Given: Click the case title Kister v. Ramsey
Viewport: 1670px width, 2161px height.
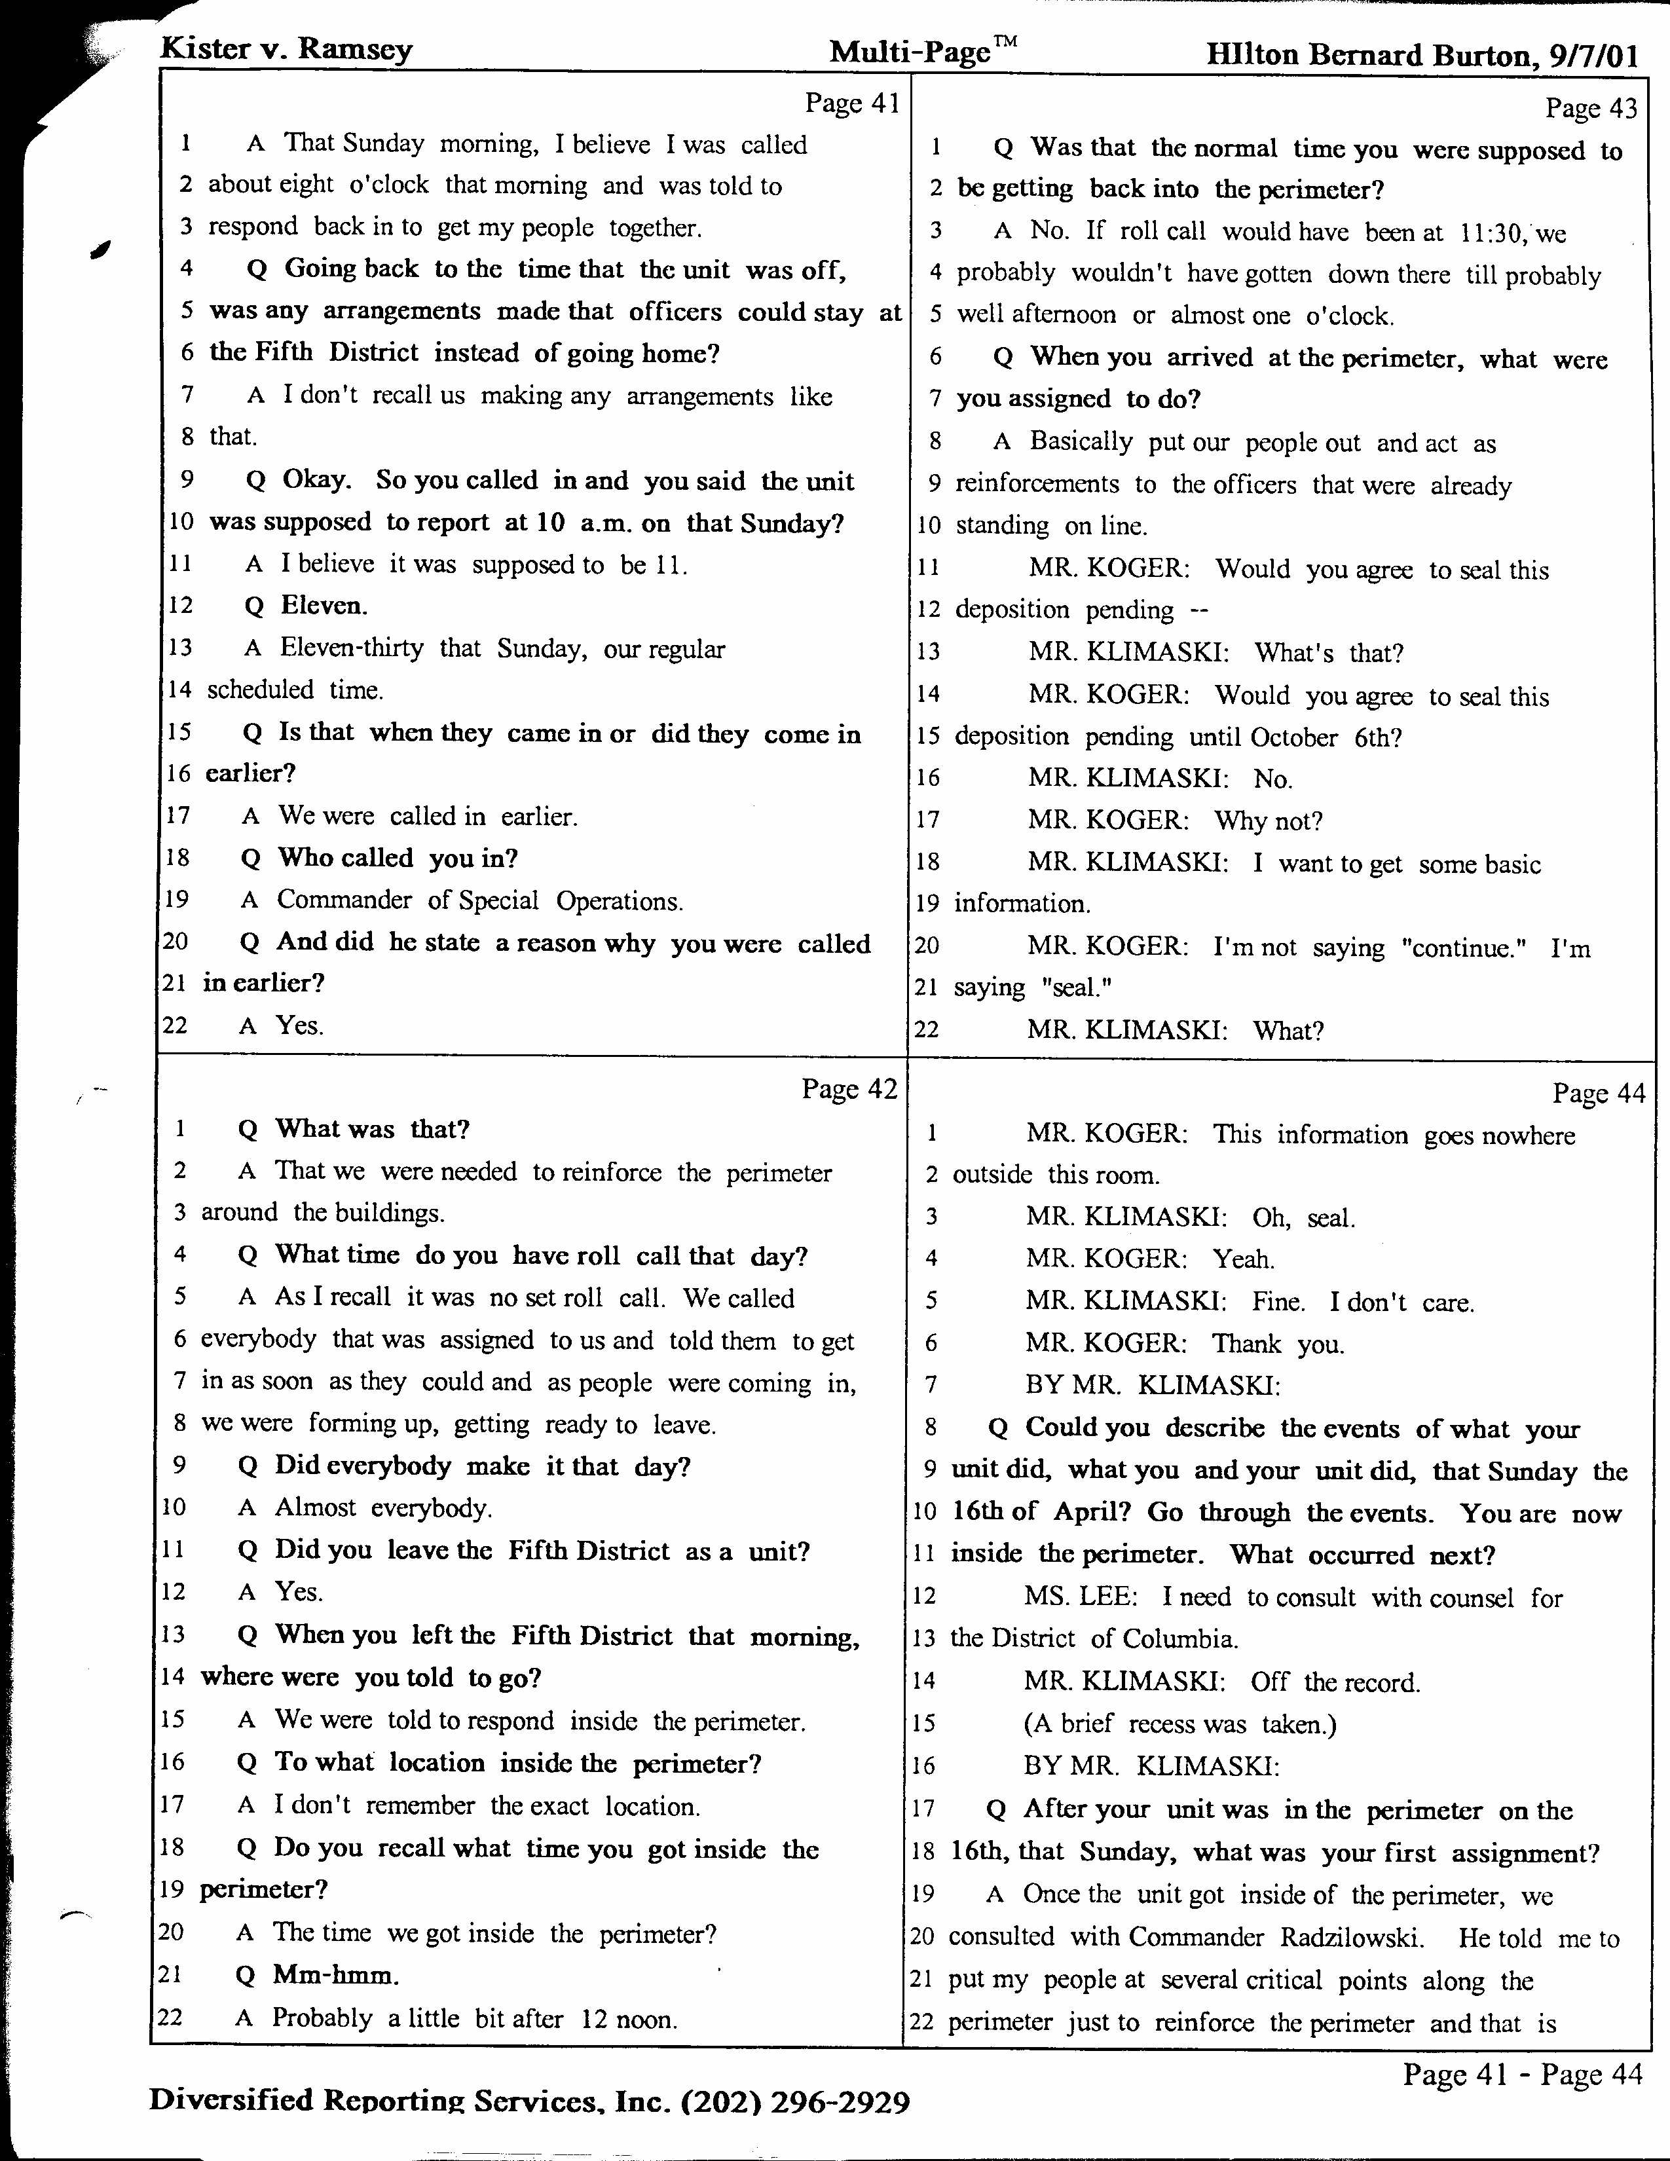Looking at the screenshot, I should tap(286, 50).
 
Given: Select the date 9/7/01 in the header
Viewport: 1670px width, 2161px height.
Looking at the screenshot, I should tap(1594, 56).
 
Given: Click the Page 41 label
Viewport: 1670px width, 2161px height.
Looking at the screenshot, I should tap(851, 103).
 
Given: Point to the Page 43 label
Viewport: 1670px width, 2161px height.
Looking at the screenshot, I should tap(1591, 108).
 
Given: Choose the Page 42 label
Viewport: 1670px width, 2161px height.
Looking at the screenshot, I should tap(849, 1090).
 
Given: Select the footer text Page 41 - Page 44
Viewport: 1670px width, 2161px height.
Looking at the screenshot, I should tap(1521, 2073).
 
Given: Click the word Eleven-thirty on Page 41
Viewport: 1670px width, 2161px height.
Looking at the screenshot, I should tap(351, 648).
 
